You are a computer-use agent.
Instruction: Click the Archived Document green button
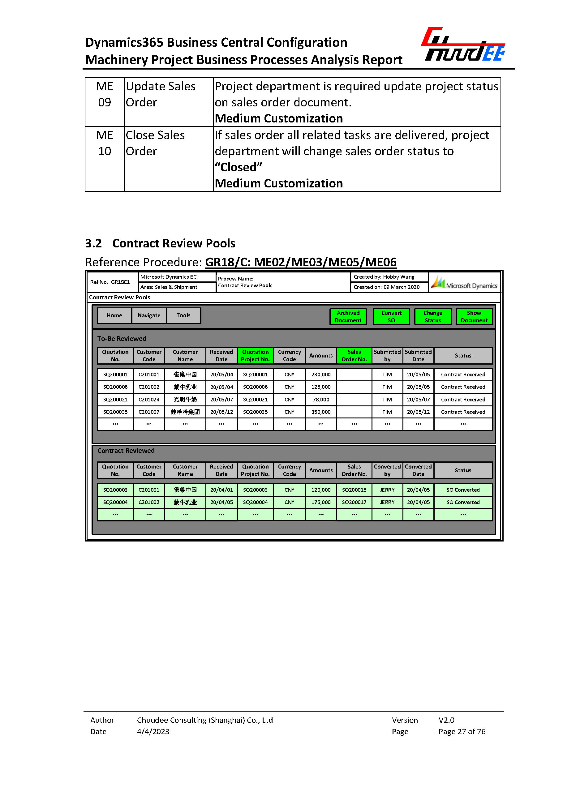pos(348,316)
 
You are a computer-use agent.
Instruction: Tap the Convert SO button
pos(391,316)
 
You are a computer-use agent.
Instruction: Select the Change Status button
pos(433,316)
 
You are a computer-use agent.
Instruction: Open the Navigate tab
pos(149,315)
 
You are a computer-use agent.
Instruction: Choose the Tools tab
pos(183,315)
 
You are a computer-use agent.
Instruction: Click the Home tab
pos(114,315)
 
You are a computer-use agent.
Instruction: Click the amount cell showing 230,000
pos(321,374)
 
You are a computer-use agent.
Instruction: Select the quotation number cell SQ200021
pos(115,399)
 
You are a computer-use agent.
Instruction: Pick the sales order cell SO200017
pos(354,502)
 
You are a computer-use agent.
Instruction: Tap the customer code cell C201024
pos(149,399)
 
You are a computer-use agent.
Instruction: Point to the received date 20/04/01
pos(221,490)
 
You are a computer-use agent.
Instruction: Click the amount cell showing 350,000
pos(321,412)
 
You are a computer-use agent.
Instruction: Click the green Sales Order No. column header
pos(354,356)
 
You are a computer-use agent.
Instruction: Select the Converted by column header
pos(387,470)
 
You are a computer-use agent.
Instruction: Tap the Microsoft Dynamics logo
pos(464,283)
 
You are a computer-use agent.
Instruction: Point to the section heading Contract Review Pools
pos(173,243)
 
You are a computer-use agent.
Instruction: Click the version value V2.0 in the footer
pos(446,720)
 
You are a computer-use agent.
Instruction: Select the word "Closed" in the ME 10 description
pos(238,167)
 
